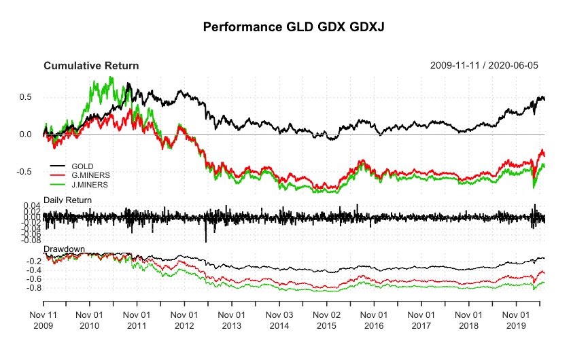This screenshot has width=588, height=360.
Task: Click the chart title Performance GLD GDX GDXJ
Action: [293, 28]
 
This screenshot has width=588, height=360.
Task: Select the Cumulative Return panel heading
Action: [91, 66]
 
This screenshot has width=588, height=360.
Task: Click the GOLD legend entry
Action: [82, 166]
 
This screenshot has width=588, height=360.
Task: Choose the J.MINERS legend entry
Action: [89, 183]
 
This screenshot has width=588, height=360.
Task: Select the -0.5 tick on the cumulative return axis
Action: [26, 172]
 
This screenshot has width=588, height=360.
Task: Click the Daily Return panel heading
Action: [67, 199]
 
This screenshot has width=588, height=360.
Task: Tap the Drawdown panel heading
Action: [64, 249]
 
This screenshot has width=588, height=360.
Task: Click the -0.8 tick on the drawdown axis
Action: [28, 288]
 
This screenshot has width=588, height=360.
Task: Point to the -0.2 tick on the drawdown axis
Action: [28, 261]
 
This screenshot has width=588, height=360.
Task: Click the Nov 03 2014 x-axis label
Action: [279, 321]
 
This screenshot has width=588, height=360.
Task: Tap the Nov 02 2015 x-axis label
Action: [327, 321]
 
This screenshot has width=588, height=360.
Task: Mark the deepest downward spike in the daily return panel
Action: [206, 240]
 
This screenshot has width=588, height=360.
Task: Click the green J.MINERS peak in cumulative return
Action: [111, 77]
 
